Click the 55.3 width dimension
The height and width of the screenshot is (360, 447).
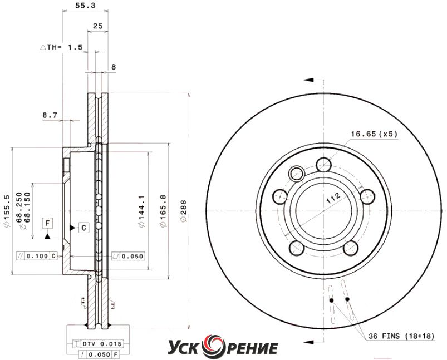point(85,6)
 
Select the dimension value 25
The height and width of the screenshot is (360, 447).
point(98,26)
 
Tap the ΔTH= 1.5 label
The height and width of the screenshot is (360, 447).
point(61,47)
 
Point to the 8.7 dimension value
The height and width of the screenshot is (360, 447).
point(50,115)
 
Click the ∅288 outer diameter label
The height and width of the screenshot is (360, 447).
point(184,211)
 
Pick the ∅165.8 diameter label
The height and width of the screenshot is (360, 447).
point(163,211)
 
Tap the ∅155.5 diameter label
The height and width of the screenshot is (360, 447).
point(7,211)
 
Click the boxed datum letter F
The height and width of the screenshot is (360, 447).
point(48,223)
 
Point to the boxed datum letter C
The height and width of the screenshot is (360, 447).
point(84,228)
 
